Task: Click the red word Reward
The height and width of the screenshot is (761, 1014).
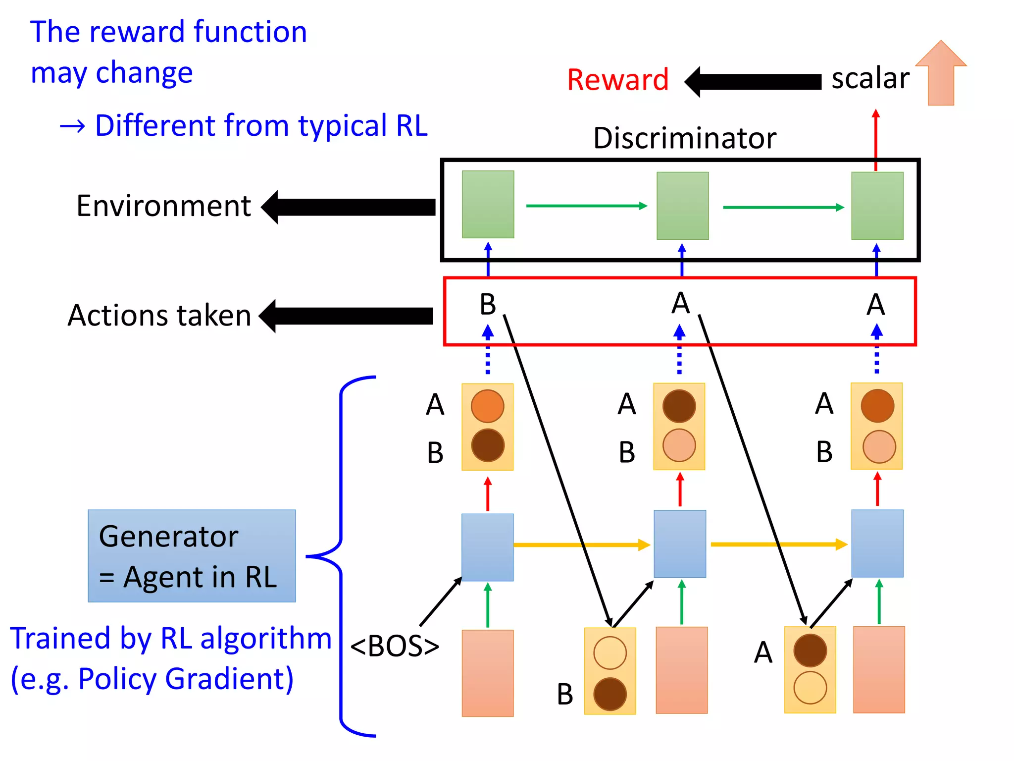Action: point(617,80)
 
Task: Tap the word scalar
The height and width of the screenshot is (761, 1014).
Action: point(870,79)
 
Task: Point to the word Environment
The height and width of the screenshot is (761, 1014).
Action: point(163,206)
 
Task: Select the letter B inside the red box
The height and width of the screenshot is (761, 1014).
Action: point(488,304)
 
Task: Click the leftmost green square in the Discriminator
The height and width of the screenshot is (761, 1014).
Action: point(488,205)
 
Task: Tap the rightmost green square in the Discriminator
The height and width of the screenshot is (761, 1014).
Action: point(877,206)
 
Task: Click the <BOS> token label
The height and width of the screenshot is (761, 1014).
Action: point(395,646)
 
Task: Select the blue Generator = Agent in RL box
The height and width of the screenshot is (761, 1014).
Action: point(192,556)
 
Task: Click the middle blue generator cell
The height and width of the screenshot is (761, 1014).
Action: point(680,544)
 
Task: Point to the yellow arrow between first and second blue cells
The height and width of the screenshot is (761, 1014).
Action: point(582,545)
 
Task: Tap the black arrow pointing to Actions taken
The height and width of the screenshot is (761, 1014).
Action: point(346,316)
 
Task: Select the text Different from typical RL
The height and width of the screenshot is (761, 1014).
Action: point(261,125)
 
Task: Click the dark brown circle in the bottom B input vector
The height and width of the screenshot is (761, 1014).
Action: point(610,694)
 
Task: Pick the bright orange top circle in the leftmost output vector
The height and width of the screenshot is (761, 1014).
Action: point(488,406)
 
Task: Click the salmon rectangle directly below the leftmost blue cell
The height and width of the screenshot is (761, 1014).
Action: point(488,673)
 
